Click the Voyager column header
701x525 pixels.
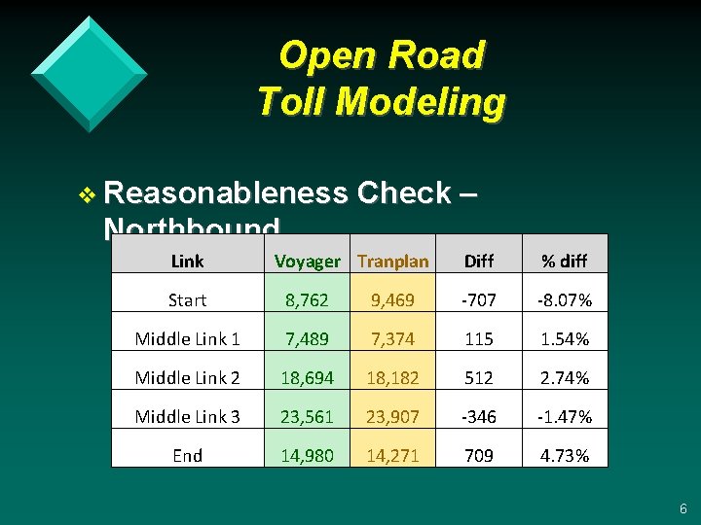point(308,261)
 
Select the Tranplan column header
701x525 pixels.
point(392,261)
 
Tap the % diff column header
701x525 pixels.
point(565,261)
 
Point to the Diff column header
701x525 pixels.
point(479,261)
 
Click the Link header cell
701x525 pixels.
point(187,261)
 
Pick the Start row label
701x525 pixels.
point(187,300)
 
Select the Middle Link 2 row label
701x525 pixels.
point(187,378)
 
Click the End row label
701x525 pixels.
point(187,456)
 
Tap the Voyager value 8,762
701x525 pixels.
point(308,300)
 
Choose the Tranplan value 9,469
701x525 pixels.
point(392,300)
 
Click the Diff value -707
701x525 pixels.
point(479,300)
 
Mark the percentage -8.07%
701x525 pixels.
point(565,300)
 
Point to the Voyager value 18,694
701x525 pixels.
point(308,378)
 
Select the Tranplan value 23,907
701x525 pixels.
point(392,417)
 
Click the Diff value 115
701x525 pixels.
point(479,339)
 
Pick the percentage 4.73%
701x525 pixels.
point(565,456)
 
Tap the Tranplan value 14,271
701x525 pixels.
point(392,456)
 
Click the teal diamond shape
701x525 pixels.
point(89,73)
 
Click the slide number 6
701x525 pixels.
point(683,508)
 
